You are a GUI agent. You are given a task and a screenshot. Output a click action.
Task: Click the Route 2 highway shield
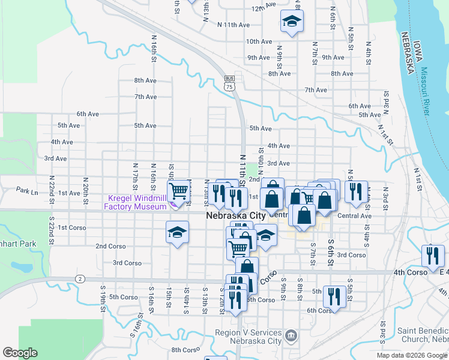(x=79, y=278)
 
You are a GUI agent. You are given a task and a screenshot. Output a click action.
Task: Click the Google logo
(x=20, y=353)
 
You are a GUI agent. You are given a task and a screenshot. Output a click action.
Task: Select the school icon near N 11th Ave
(x=292, y=23)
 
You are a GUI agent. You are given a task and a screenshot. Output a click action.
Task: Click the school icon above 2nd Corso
(x=178, y=232)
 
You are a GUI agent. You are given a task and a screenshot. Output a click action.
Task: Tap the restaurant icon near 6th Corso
(x=334, y=296)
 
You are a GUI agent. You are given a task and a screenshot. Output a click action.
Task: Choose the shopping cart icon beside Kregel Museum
(x=178, y=191)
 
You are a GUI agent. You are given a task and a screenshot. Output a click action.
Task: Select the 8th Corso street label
(x=185, y=350)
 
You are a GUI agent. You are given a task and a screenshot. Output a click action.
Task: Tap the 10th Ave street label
(x=259, y=41)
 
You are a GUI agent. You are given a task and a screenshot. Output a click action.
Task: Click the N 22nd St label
(x=52, y=182)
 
